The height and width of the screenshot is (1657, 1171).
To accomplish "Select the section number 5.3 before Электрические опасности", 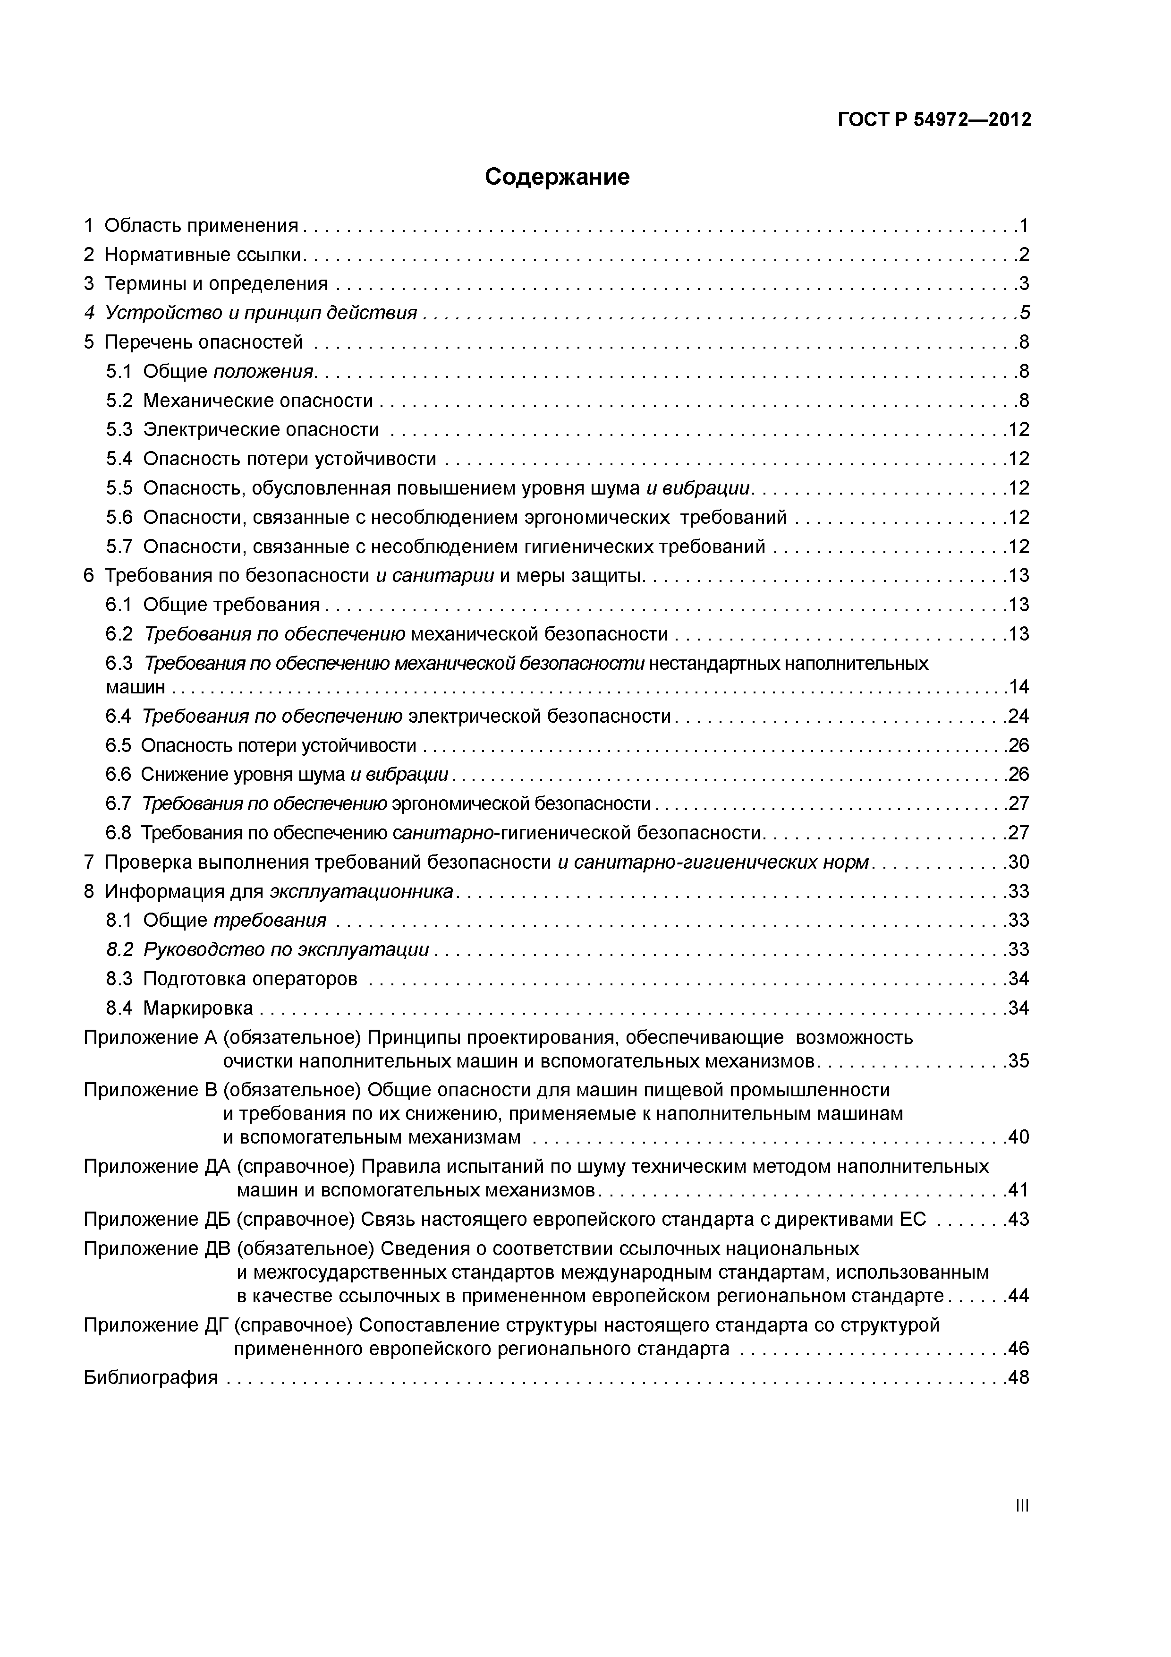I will coord(119,430).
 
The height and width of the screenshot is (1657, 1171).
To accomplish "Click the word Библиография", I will coord(151,1378).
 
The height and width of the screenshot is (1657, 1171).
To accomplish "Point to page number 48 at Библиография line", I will coord(1018,1378).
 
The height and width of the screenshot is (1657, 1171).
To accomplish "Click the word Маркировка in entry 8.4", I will coord(198,1008).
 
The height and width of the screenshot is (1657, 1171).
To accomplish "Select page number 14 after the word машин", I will coord(1018,687).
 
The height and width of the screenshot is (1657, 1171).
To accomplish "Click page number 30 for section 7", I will coord(1018,863).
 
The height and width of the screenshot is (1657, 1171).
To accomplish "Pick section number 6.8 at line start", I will coord(119,834).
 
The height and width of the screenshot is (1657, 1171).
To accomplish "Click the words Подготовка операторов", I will coord(250,979).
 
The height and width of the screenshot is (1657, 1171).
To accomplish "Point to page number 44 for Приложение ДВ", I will coord(1018,1296).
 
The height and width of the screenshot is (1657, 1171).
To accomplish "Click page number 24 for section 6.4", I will coord(1018,717).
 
